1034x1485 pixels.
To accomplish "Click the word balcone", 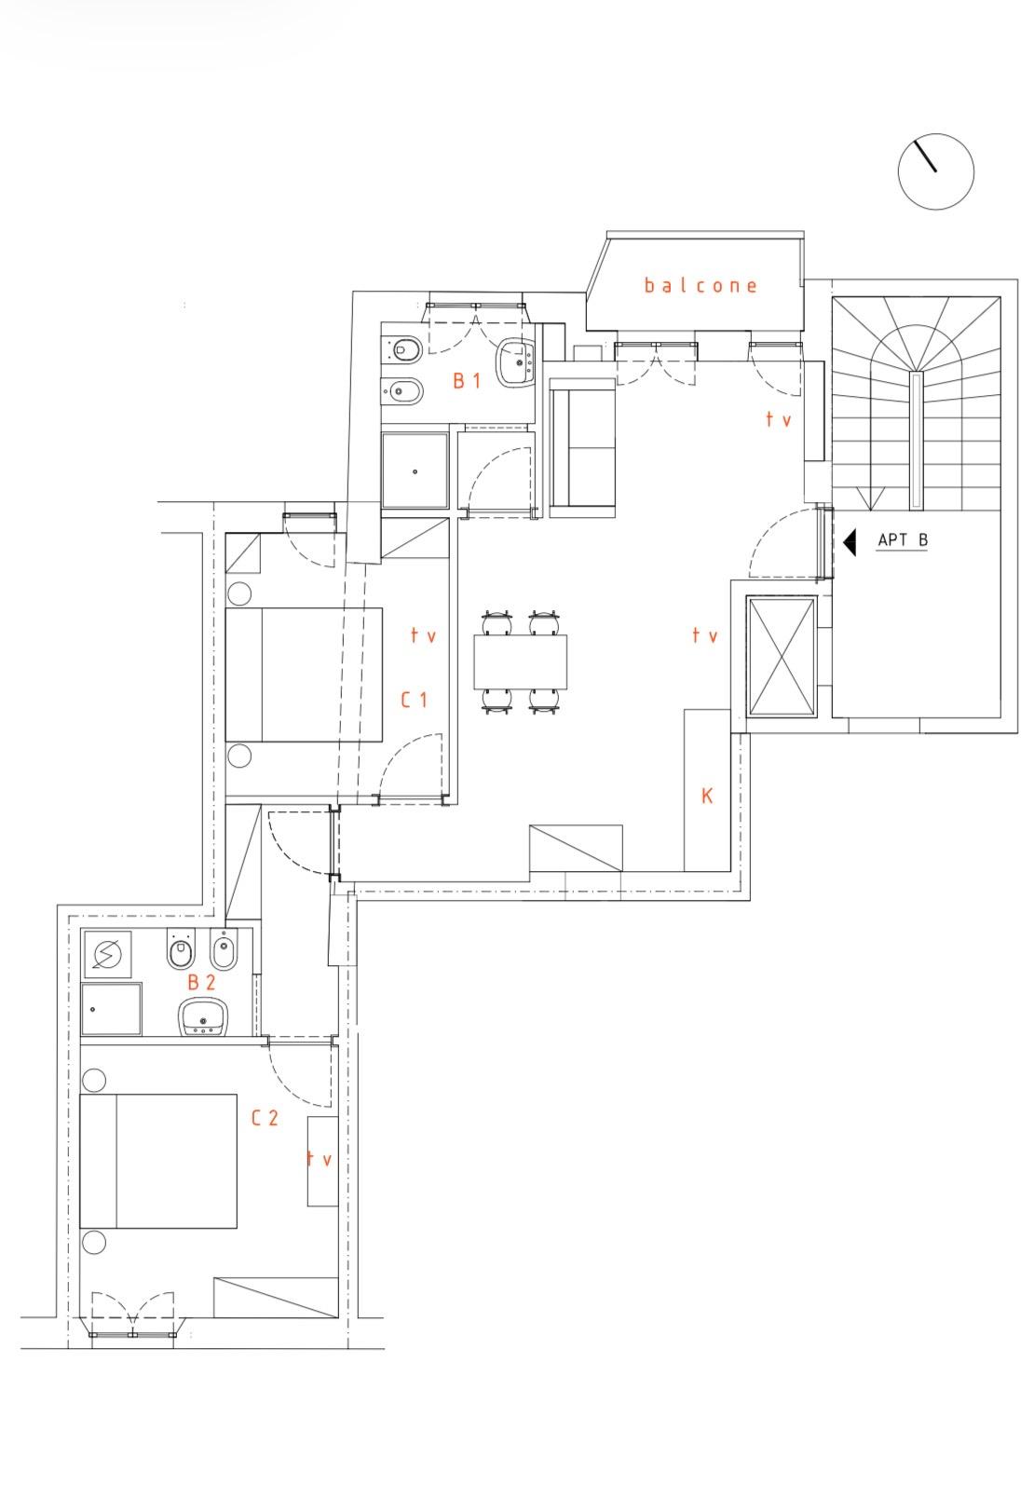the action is (700, 286).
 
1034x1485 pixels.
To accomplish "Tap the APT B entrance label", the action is (902, 539).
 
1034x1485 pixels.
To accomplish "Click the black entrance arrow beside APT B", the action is (849, 542).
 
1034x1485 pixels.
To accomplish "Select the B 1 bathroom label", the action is (466, 380).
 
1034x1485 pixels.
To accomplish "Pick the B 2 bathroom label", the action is (201, 983).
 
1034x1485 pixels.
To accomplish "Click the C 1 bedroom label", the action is (415, 700).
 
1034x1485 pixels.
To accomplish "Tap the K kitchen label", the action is (706, 796).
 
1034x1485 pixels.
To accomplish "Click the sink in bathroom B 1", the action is (515, 362).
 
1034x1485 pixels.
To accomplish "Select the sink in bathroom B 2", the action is (203, 1017).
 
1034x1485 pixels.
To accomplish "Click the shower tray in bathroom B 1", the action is (415, 471).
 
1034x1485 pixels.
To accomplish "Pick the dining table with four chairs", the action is (520, 661).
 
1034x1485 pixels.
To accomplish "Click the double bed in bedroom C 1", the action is (305, 674).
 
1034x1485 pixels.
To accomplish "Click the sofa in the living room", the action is (582, 448).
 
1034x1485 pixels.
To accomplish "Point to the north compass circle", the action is (936, 171).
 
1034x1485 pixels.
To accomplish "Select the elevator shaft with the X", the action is (781, 656).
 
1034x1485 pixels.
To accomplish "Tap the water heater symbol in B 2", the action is (107, 954).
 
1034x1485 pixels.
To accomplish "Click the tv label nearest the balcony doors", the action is (778, 419).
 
